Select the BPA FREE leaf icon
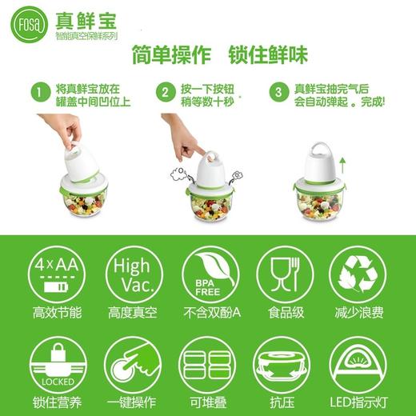coord(207,273)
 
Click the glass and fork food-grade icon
coord(284,273)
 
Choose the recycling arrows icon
coord(359,273)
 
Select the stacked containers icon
coord(207,363)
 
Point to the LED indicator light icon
coord(359,363)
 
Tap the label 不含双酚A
coord(207,313)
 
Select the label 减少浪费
coord(359,313)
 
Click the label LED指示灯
coord(359,402)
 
